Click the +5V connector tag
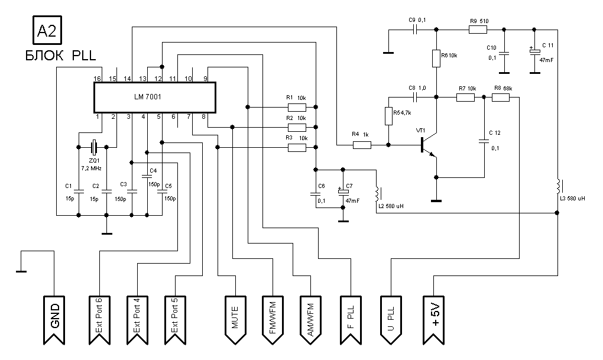436,316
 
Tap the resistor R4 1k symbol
362,144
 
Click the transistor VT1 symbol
427,145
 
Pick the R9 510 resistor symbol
477,30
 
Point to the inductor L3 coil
557,186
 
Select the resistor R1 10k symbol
297,107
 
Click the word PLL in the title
84,57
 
